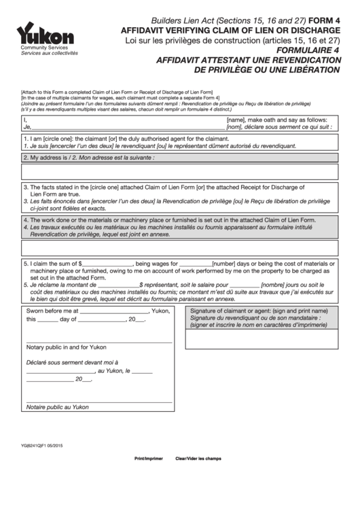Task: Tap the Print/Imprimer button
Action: click(149, 459)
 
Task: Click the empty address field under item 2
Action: click(179, 171)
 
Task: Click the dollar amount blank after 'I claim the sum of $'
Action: click(107, 264)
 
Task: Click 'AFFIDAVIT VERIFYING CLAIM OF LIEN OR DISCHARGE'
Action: click(230, 31)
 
